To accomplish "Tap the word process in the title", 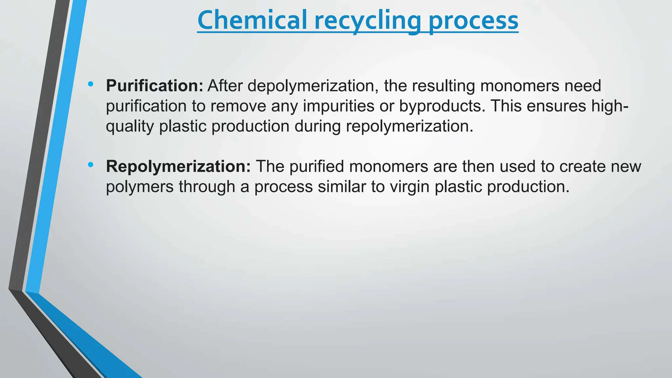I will (x=473, y=20).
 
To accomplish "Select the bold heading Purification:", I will (x=155, y=86).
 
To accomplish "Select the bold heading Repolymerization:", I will (x=178, y=166).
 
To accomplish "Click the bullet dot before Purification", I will (x=91, y=84).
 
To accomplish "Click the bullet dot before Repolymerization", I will (x=91, y=165).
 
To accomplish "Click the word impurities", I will (x=338, y=106).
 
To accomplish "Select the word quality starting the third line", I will (x=130, y=127).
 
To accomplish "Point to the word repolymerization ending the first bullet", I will (x=409, y=127).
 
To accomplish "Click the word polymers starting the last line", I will (x=140, y=187).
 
